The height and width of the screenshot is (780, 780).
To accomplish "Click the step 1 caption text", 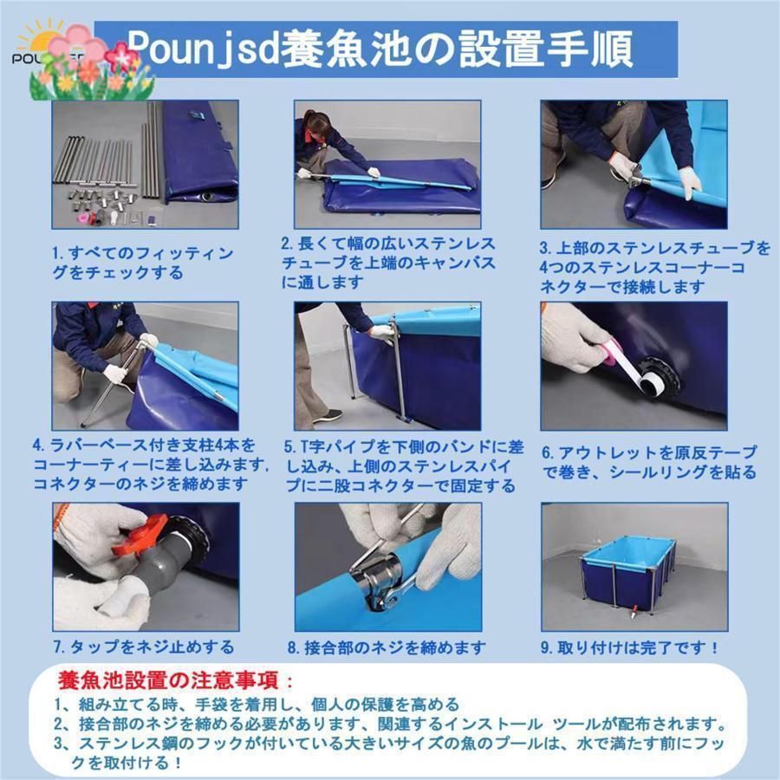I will [x=143, y=263].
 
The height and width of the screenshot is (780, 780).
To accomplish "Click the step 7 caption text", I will [x=143, y=647].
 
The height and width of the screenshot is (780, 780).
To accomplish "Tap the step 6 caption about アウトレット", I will [x=649, y=463].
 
